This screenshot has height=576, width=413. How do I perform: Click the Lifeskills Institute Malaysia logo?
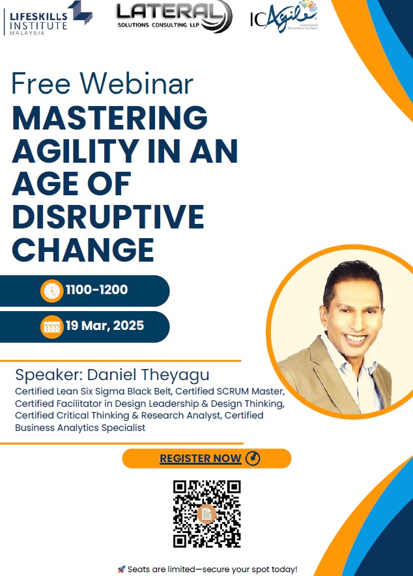pyautogui.click(x=48, y=18)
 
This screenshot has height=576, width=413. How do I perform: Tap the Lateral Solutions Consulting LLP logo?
pyautogui.click(x=175, y=16)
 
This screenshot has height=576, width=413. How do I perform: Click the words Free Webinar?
pyautogui.click(x=102, y=83)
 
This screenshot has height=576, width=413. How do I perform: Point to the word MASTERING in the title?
pyautogui.click(x=110, y=118)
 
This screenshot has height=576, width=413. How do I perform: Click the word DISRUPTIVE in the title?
pyautogui.click(x=108, y=217)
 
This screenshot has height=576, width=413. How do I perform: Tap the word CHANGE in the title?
pyautogui.click(x=83, y=250)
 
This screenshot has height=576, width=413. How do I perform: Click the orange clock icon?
pyautogui.click(x=52, y=291)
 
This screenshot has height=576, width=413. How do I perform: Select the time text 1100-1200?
pyautogui.click(x=96, y=290)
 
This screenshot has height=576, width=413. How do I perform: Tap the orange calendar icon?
pyautogui.click(x=52, y=327)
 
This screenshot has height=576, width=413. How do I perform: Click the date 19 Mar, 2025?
pyautogui.click(x=105, y=326)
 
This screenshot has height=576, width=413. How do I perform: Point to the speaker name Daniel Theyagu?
pyautogui.click(x=149, y=375)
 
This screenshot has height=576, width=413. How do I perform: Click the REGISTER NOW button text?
pyautogui.click(x=201, y=458)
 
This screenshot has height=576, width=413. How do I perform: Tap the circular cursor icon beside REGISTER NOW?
pyautogui.click(x=253, y=458)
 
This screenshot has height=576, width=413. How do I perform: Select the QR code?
pyautogui.click(x=206, y=514)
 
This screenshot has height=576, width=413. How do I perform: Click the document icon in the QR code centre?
pyautogui.click(x=206, y=514)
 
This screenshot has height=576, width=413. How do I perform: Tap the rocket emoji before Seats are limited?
pyautogui.click(x=121, y=569)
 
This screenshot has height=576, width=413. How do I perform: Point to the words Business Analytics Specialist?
pyautogui.click(x=80, y=428)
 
